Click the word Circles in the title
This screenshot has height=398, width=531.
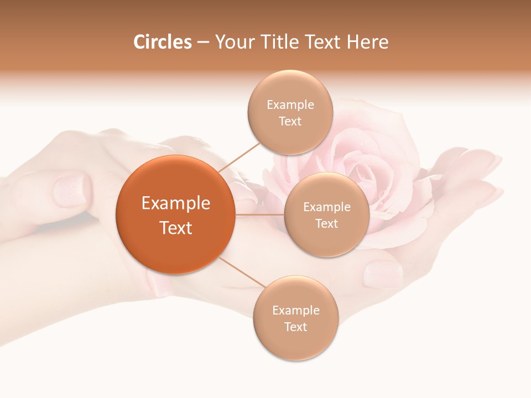[163, 42]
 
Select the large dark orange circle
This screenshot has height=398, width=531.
[175, 214]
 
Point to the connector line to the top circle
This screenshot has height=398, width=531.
[239, 156]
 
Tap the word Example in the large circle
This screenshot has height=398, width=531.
[176, 203]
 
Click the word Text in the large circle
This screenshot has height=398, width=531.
[176, 228]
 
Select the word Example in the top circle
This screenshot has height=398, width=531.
[290, 105]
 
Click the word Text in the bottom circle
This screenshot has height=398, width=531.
[295, 327]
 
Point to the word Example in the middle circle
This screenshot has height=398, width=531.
[327, 207]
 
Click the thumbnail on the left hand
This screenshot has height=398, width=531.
[71, 190]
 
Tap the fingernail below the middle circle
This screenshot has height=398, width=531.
[382, 274]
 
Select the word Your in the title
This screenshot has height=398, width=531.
[231, 42]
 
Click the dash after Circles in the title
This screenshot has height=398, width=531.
[203, 42]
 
